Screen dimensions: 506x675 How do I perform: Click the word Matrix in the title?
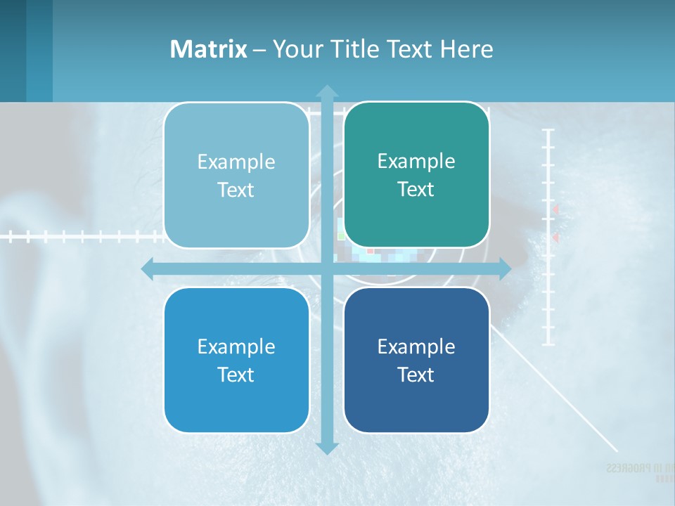[208, 49]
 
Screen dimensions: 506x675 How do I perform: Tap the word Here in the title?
[466, 49]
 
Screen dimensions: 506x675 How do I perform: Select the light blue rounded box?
[236, 175]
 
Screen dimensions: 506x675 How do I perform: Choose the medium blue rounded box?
[236, 360]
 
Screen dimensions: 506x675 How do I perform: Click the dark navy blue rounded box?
[416, 360]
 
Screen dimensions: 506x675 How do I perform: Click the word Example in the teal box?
[416, 161]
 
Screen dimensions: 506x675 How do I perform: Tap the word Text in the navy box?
[416, 375]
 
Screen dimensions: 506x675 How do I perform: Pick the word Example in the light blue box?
[236, 162]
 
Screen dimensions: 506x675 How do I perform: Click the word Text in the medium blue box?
[236, 375]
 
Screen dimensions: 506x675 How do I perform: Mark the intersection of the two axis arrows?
[327, 268]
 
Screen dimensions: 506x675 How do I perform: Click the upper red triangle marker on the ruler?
[555, 209]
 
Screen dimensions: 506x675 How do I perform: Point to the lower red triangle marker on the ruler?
[555, 238]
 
